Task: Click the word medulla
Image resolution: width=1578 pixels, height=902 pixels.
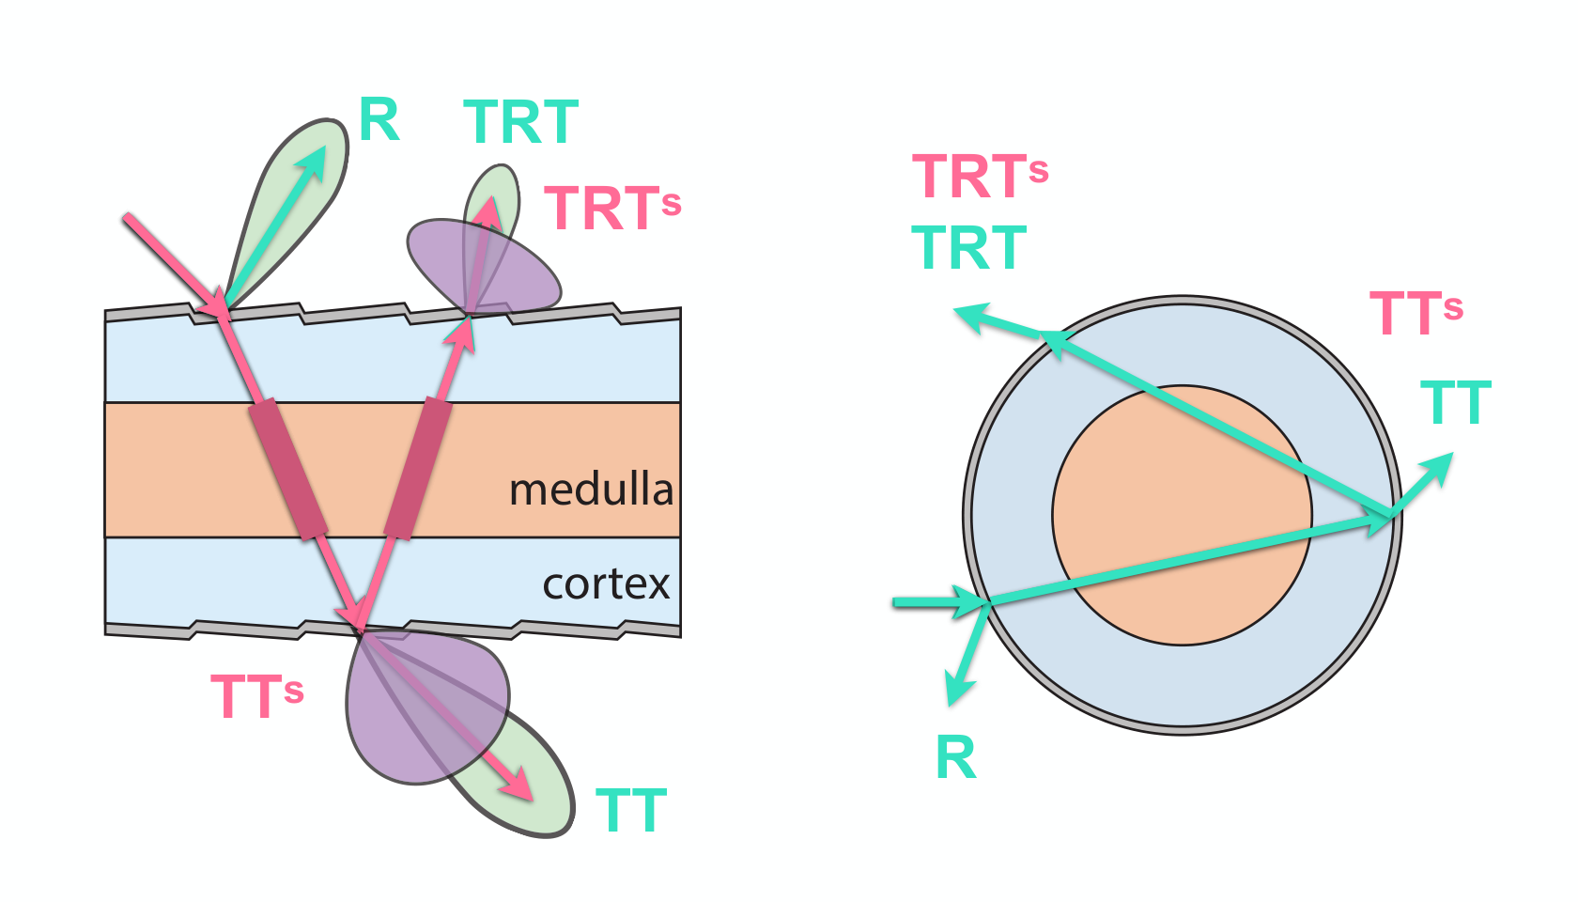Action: [x=591, y=490]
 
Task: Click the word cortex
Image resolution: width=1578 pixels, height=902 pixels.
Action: [x=606, y=584]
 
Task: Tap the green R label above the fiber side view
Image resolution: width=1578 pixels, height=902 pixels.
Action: [x=379, y=120]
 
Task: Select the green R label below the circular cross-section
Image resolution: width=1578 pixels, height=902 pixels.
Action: [x=956, y=757]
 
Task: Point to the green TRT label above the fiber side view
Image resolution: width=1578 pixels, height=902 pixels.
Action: [x=520, y=122]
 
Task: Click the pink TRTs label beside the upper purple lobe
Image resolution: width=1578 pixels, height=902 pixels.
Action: [x=612, y=208]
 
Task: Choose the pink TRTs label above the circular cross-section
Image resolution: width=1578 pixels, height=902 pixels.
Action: [x=980, y=177]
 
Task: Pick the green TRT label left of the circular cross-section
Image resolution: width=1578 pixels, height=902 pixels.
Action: [x=968, y=247]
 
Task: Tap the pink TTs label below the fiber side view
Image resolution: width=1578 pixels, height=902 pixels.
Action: [x=257, y=696]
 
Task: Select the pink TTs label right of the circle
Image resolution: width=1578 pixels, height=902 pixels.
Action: [x=1416, y=312]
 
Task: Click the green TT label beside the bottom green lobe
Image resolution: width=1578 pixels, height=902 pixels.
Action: [x=631, y=810]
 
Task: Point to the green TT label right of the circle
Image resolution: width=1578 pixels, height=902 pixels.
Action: [x=1456, y=402]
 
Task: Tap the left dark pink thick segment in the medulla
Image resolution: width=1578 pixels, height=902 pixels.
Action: [x=289, y=470]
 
